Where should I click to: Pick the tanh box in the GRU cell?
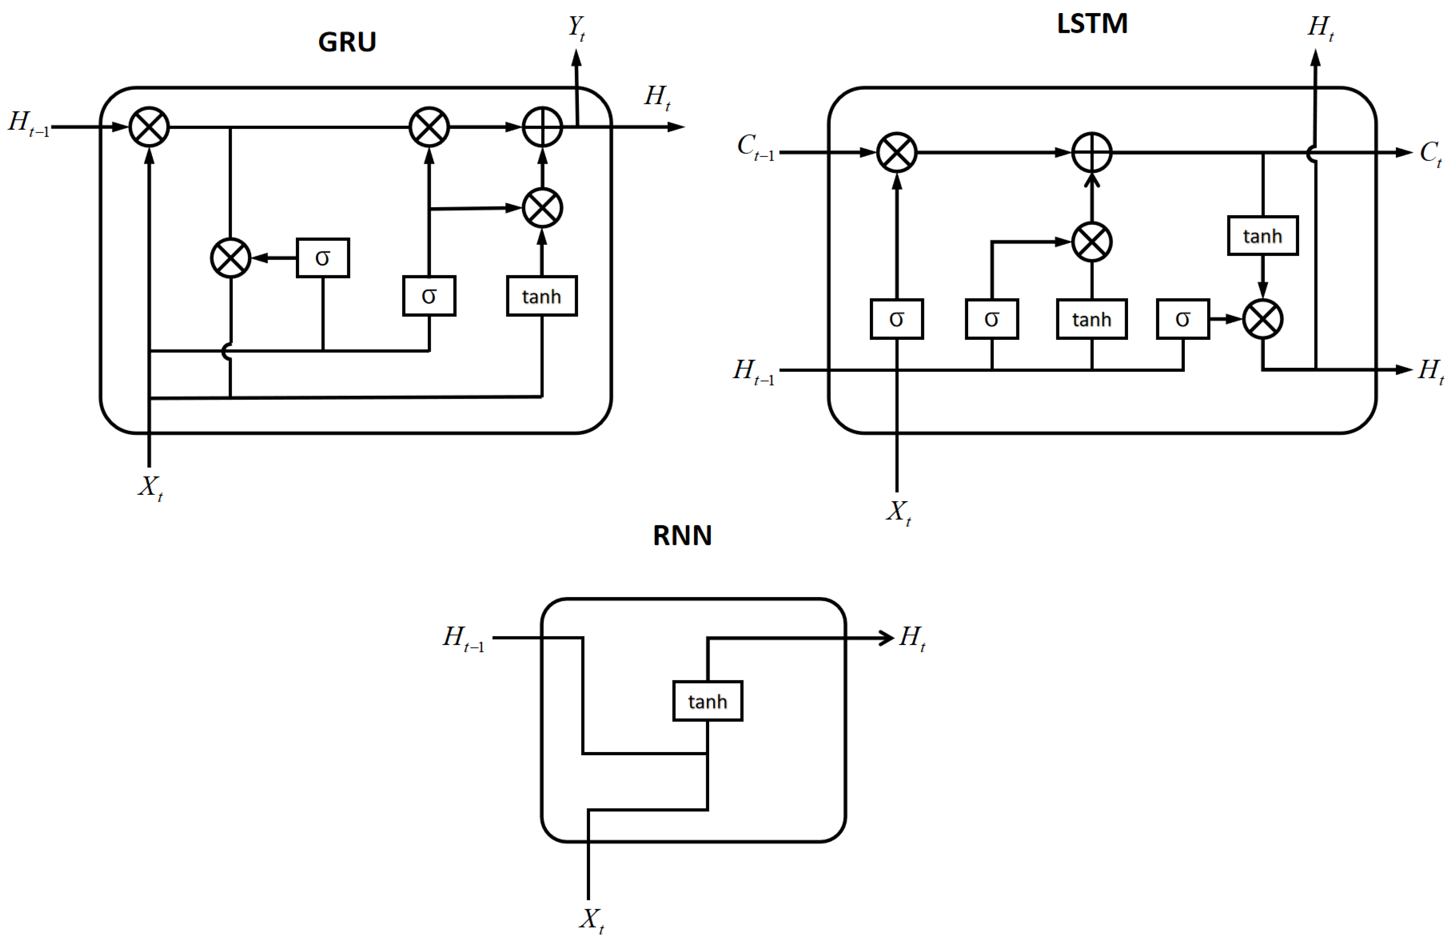(x=542, y=296)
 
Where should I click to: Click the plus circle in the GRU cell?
(x=543, y=127)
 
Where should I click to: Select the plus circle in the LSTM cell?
(x=1092, y=152)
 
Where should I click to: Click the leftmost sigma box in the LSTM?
(x=897, y=319)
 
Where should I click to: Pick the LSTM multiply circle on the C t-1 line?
(x=897, y=152)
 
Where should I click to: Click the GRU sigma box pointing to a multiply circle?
(x=323, y=258)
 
